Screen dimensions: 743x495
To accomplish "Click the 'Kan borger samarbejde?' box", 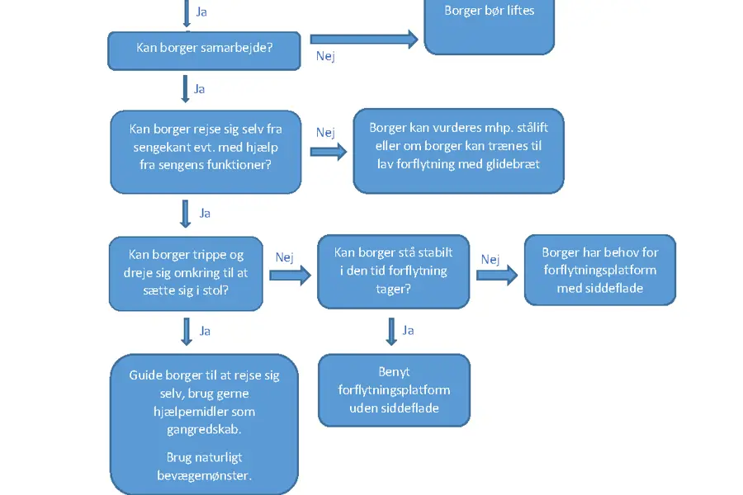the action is (204, 50).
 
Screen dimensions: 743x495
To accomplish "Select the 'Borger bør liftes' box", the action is (489, 27).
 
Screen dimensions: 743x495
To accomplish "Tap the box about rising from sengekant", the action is (206, 152).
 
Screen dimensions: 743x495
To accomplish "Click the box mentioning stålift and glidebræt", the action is (458, 151).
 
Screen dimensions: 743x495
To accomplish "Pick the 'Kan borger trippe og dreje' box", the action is (186, 273).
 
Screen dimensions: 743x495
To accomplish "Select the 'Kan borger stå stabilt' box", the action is (393, 271).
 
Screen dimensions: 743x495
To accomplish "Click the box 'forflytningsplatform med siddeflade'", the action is (600, 270).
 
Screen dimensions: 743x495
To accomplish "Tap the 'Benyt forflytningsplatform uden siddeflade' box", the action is (395, 390).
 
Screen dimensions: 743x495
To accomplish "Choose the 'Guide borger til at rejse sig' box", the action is (204, 424).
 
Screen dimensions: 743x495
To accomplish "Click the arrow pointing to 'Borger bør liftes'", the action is (364, 40).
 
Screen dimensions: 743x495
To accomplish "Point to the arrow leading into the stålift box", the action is (329, 152).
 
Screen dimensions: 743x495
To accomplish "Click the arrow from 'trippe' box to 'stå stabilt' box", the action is (290, 276).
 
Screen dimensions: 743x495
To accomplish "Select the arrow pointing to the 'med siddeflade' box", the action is (497, 276).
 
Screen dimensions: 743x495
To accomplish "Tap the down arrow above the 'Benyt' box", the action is (391, 332).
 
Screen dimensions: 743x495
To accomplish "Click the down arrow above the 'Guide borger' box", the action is (187, 332).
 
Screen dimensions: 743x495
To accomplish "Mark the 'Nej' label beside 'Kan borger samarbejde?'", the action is (325, 56).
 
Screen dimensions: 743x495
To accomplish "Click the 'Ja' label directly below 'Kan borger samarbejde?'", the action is (200, 89).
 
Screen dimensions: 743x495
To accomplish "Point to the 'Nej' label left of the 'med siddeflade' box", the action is (490, 260).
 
